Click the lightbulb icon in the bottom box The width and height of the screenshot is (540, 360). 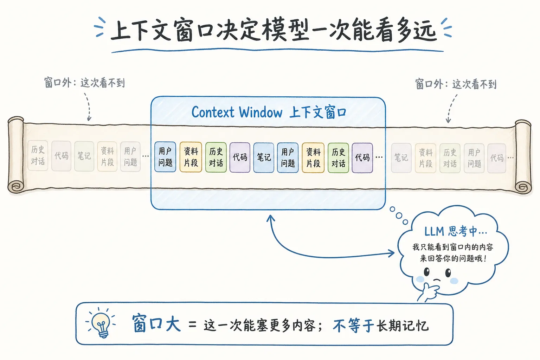coord(102,323)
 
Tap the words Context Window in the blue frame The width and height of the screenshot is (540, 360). coord(237,112)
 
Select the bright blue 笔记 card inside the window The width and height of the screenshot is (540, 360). coord(264,157)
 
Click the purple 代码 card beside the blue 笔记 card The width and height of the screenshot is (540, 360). coord(240,157)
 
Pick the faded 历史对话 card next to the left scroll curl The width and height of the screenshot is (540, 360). coord(38,155)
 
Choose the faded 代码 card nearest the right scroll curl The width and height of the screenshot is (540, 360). coord(496,158)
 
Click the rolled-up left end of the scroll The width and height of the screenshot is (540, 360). coord(15,155)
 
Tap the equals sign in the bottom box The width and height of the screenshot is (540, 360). coord(192,324)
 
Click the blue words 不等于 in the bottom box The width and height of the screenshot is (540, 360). coord(353,326)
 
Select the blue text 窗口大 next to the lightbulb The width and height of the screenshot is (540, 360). coord(156,324)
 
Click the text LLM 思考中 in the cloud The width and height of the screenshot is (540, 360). coord(455,231)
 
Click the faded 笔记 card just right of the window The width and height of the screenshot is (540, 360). coord(401,157)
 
